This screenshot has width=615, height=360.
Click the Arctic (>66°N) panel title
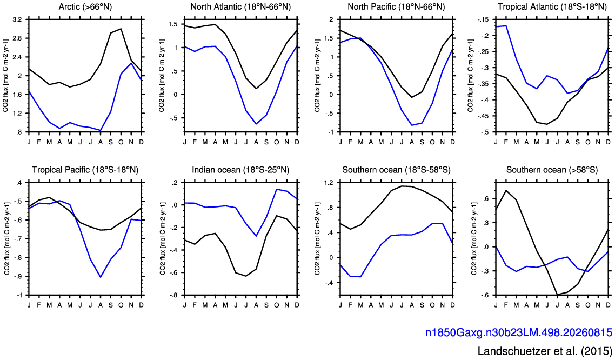pos(85,7)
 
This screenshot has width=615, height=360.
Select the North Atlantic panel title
pos(241,7)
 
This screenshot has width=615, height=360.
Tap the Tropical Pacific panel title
pos(85,170)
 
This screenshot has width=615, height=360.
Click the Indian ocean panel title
pos(241,170)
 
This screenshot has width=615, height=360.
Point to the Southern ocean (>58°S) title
pos(552,170)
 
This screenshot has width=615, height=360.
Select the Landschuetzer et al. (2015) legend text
pos(545,351)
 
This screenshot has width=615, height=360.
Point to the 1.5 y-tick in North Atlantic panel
pos(173,24)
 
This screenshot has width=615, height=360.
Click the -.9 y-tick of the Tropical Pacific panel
pos(17,276)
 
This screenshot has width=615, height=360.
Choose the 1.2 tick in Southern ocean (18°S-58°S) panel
pos(329,182)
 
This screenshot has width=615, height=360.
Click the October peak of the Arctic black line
pos(121,29)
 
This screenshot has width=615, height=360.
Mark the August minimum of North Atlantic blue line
pos(256,124)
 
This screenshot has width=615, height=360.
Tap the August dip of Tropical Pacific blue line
pos(101,277)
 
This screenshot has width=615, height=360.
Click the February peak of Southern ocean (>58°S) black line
pos(506,190)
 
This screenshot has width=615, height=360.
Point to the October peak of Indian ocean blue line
pos(277,189)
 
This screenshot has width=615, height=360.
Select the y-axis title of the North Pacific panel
pos(317,75)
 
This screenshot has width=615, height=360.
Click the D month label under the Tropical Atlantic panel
pos(609,142)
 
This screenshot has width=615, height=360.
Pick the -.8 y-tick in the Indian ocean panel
pos(173,295)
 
